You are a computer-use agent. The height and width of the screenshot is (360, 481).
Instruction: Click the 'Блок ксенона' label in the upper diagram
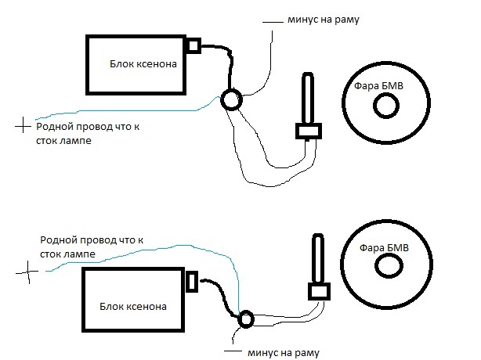click(143, 63)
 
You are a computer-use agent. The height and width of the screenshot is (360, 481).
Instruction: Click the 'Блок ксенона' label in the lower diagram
click(133, 306)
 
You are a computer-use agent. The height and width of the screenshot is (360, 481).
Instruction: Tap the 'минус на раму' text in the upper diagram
click(324, 20)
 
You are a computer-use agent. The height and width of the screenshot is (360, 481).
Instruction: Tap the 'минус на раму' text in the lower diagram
click(284, 353)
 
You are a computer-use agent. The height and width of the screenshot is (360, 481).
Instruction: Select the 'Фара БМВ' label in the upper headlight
click(378, 85)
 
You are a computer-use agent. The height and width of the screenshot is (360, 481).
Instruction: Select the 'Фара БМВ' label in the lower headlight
click(384, 247)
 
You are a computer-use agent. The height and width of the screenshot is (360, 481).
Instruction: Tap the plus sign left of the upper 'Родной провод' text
click(23, 126)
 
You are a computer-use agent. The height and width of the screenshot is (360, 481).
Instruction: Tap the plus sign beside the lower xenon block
click(28, 272)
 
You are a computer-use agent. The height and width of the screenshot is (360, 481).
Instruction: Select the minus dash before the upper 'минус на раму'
click(273, 22)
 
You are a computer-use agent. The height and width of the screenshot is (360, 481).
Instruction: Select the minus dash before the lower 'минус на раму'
click(233, 351)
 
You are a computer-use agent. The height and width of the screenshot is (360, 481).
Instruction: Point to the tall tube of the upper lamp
click(302, 98)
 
